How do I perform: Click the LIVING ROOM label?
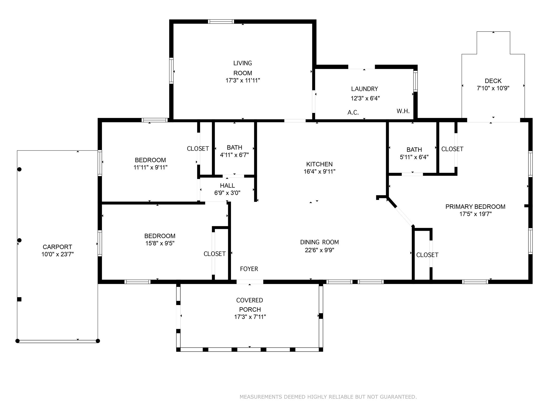click(243, 68)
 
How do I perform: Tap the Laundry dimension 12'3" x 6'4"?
click(365, 98)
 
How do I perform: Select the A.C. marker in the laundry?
click(353, 113)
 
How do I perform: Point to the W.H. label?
click(403, 111)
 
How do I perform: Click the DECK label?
click(493, 81)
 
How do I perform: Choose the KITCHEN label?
click(319, 164)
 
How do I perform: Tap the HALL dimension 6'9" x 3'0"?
click(227, 193)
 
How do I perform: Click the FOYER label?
click(249, 269)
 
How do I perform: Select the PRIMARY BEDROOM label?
click(475, 207)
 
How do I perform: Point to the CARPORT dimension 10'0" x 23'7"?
click(58, 254)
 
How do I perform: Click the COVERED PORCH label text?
click(250, 305)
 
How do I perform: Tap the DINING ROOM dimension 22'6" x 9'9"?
click(319, 250)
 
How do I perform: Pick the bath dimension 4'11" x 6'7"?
click(234, 155)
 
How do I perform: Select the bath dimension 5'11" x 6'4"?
click(414, 157)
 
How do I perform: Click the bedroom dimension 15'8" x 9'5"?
click(159, 243)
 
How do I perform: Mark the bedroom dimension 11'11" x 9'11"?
click(150, 168)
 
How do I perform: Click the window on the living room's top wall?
click(221, 22)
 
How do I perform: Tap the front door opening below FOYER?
click(250, 282)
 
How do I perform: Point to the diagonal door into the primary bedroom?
click(404, 216)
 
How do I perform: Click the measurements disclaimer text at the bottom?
click(328, 397)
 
